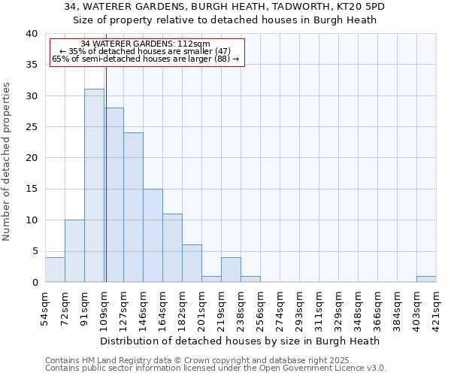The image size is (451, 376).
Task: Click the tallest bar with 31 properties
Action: point(94,185)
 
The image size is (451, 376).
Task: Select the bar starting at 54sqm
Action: point(55,269)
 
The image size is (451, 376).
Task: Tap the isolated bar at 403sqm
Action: point(426,279)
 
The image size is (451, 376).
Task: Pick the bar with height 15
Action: point(153,235)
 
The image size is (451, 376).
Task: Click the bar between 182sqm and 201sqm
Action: point(192,263)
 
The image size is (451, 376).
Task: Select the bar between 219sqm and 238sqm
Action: point(231,269)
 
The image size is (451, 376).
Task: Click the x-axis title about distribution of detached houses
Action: point(240,341)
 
